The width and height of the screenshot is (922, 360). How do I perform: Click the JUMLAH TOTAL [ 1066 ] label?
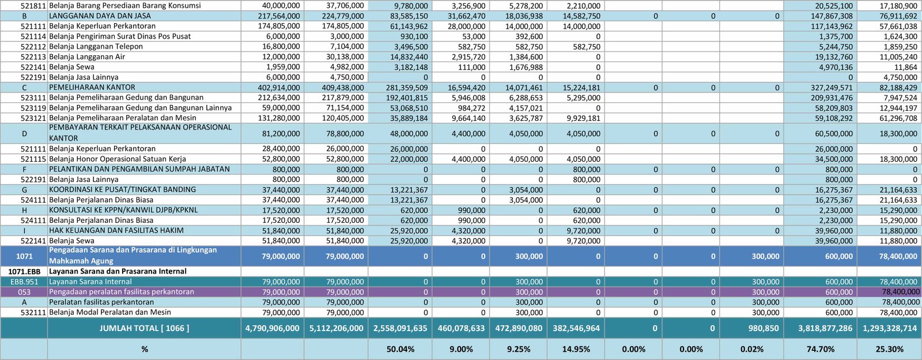(x=144, y=328)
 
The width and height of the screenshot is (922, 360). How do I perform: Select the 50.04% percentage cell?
(x=400, y=349)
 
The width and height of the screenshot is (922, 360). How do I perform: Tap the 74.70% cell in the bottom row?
(x=821, y=349)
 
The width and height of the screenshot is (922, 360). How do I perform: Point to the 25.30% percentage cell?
(x=890, y=349)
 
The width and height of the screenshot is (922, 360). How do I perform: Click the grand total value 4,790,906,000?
(x=273, y=328)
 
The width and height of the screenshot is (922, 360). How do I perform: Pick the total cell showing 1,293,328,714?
(x=890, y=328)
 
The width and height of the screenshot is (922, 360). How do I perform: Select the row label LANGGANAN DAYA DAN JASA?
(x=100, y=16)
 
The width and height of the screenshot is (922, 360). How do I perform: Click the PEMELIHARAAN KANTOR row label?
(x=92, y=88)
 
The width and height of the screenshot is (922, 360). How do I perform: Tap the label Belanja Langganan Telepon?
(x=96, y=47)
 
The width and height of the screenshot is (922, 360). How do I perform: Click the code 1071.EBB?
(x=24, y=271)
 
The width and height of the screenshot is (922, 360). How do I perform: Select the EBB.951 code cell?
(x=24, y=282)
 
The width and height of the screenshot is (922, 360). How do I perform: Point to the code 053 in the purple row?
(x=24, y=292)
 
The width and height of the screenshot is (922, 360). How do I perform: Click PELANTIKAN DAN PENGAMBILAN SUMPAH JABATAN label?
(x=139, y=169)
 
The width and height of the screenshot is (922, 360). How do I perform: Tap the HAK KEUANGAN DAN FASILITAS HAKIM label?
(x=116, y=230)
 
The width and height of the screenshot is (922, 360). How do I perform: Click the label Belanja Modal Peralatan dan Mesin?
(x=110, y=312)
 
